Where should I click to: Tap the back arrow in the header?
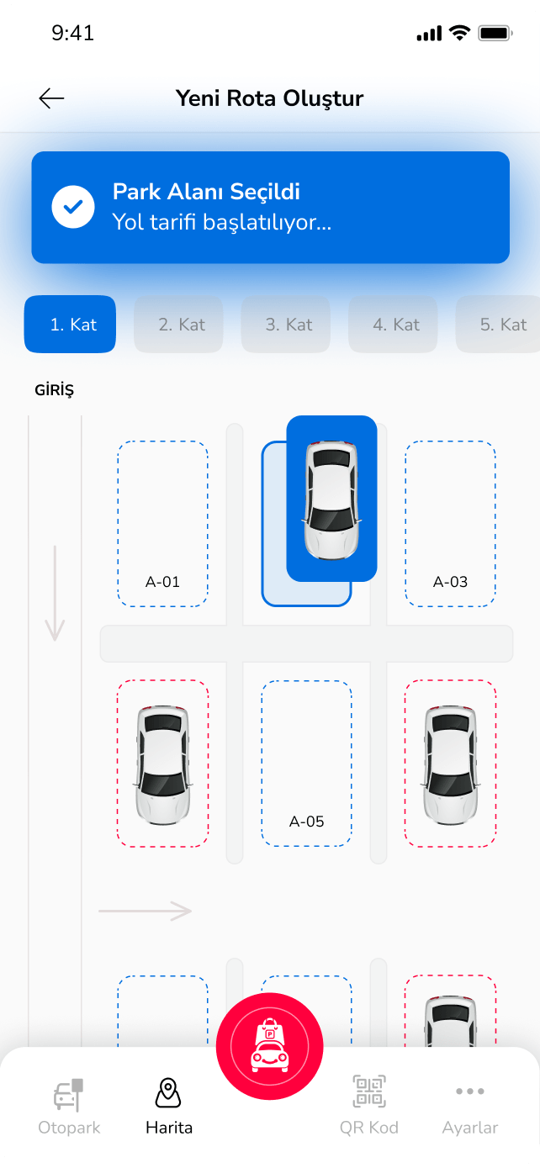pyautogui.click(x=51, y=98)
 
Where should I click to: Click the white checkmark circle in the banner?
pyautogui.click(x=73, y=207)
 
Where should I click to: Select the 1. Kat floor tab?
pyautogui.click(x=70, y=325)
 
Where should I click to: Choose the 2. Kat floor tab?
pyautogui.click(x=178, y=325)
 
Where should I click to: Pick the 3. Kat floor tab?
pyautogui.click(x=285, y=325)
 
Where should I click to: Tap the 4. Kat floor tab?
pyautogui.click(x=393, y=325)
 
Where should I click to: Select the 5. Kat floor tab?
pyautogui.click(x=498, y=325)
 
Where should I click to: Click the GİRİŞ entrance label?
pyautogui.click(x=55, y=390)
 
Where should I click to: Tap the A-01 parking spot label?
pyautogui.click(x=162, y=582)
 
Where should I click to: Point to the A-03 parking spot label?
pyautogui.click(x=450, y=582)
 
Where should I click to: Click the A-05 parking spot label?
pyautogui.click(x=307, y=822)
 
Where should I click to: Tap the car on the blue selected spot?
pyautogui.click(x=332, y=499)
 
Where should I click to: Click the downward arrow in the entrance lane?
pyautogui.click(x=55, y=594)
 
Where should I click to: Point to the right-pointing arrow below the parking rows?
pyautogui.click(x=145, y=911)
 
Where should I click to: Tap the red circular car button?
pyautogui.click(x=270, y=1047)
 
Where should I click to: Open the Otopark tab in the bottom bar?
pyautogui.click(x=69, y=1107)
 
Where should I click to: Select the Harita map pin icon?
pyautogui.click(x=168, y=1093)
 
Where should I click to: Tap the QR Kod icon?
pyautogui.click(x=369, y=1091)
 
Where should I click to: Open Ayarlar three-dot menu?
pyautogui.click(x=470, y=1091)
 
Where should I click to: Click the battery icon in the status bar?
pyautogui.click(x=495, y=34)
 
